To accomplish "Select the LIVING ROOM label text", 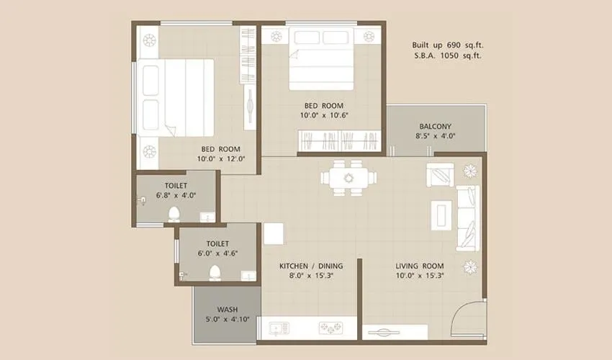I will (x=419, y=266).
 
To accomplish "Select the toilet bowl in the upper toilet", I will (x=174, y=214).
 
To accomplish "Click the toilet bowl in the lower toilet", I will (x=214, y=273).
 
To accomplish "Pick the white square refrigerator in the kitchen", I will (x=274, y=233).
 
